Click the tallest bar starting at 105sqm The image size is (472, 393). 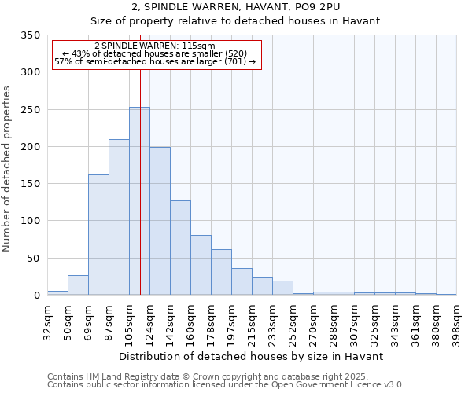[139, 201]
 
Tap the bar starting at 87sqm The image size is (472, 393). [119, 217]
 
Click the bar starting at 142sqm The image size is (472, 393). [180, 248]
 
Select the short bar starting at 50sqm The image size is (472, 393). [78, 285]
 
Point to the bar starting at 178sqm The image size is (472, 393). [221, 272]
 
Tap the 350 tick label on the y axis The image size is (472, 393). [29, 35]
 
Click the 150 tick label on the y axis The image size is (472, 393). [29, 184]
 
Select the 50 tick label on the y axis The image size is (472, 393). [32, 258]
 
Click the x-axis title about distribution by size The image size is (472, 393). [252, 356]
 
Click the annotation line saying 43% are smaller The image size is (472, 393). [154, 53]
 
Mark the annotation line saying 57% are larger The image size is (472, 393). [154, 62]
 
